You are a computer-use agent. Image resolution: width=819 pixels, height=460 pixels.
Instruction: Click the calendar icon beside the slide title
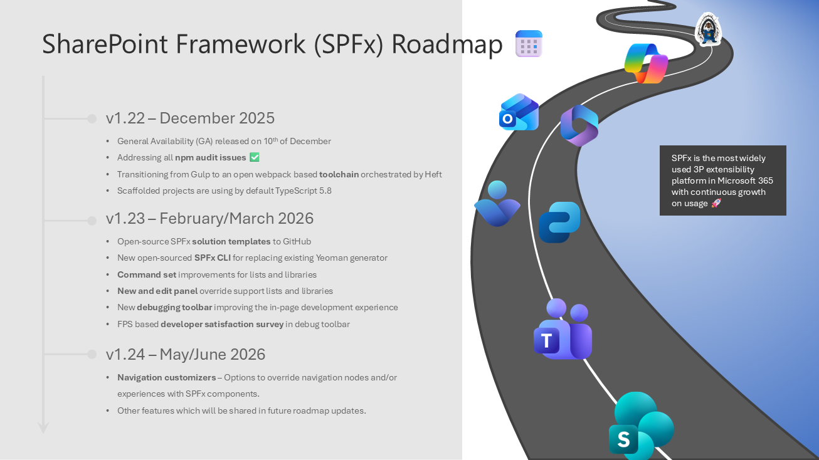point(529,44)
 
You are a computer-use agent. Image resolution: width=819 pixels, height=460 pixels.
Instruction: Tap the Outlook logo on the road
point(519,113)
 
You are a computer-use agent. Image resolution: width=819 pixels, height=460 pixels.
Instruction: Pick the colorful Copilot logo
point(646,63)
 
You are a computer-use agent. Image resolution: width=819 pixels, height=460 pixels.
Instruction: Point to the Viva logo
point(497,204)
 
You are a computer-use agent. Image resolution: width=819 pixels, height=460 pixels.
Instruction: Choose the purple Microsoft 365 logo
point(579,125)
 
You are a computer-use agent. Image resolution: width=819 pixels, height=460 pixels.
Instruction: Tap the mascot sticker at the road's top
point(709,30)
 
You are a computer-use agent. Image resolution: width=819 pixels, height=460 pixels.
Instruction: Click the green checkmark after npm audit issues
point(255,157)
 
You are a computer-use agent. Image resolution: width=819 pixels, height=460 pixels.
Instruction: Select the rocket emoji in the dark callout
point(716,203)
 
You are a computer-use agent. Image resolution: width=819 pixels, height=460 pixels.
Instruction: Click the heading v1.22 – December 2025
point(190,118)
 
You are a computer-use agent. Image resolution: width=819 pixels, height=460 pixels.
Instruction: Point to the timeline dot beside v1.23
point(92,220)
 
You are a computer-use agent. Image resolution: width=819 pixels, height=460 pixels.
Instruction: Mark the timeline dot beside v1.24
point(92,354)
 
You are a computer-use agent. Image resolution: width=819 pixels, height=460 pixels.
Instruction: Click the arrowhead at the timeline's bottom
point(43,428)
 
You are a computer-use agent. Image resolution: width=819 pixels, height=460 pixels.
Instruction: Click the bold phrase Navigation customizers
point(166,377)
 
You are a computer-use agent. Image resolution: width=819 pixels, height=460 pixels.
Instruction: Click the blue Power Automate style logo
point(559,222)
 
